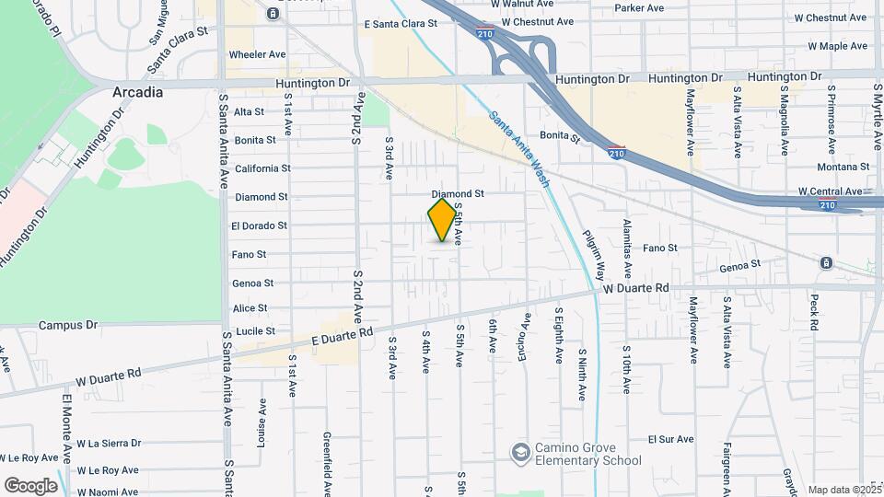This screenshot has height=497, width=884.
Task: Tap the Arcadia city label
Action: coord(137,93)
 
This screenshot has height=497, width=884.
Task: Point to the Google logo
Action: coord(31,485)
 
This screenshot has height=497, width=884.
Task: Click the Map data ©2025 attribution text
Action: coord(844,490)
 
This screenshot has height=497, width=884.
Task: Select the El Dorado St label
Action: coord(260,225)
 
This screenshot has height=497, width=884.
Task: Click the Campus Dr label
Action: coord(68,325)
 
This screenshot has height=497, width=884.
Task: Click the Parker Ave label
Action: coord(640,8)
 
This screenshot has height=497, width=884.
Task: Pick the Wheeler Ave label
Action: coord(257,54)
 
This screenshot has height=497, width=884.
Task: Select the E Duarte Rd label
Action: coord(343,339)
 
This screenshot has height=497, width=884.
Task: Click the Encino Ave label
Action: coord(527,334)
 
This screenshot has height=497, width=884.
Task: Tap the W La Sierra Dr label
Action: coord(109,443)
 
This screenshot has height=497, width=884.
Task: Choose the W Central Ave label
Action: coord(830,191)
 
